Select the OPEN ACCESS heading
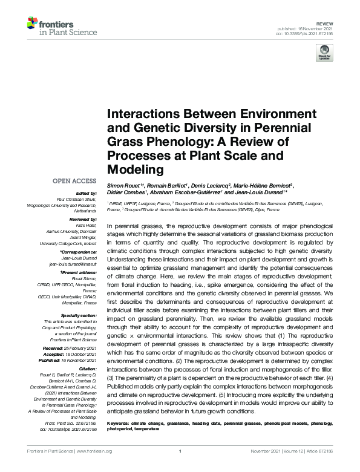coord(74,180)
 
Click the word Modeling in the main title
coord(136,169)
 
